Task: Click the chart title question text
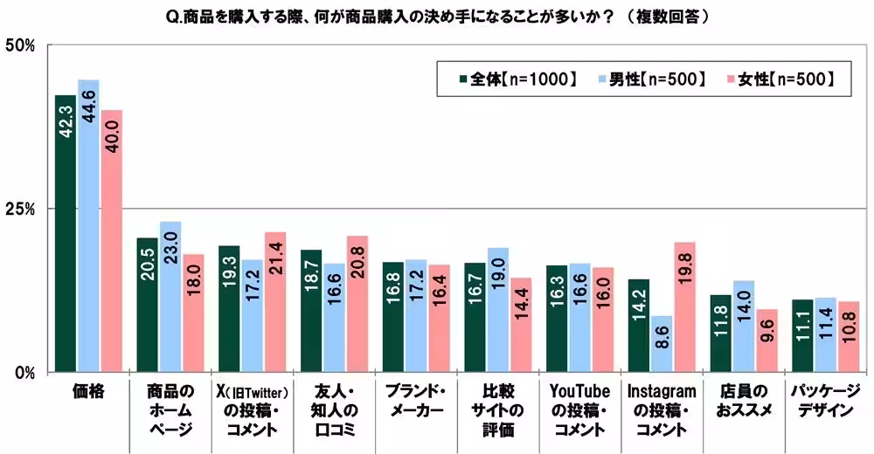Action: [x=437, y=17]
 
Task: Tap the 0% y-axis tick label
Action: [x=22, y=372]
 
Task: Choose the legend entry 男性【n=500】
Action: [x=650, y=79]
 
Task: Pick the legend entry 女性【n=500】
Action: [x=779, y=79]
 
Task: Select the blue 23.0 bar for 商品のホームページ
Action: [x=170, y=297]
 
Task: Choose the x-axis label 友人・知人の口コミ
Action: [x=333, y=410]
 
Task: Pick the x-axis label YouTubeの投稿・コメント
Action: [x=578, y=410]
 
